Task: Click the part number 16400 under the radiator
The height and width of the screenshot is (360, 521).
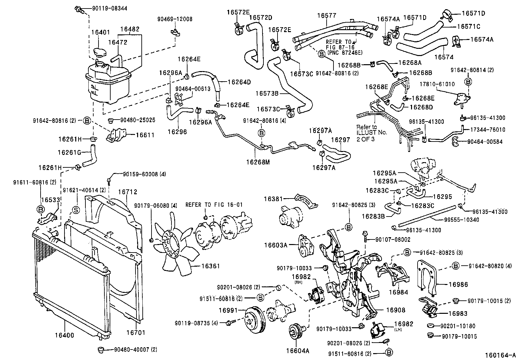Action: [x=64, y=335]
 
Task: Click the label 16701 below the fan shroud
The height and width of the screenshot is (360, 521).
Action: [x=135, y=333]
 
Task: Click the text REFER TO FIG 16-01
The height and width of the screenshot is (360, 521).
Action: [x=214, y=205]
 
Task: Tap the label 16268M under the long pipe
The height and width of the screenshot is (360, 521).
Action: [x=258, y=161]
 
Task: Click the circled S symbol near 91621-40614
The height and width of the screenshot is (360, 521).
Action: [x=75, y=210]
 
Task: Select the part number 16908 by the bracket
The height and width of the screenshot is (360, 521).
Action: [x=395, y=310]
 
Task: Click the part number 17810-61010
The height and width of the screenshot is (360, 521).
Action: [x=437, y=84]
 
